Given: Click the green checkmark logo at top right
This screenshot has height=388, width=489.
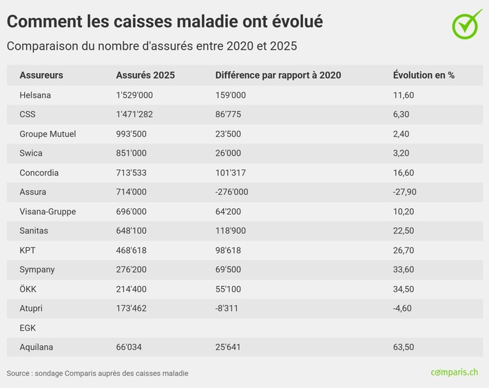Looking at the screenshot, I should (x=468, y=23).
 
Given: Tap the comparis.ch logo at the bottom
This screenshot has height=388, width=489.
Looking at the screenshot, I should (x=454, y=372).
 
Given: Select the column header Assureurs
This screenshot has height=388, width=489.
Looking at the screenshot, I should (x=41, y=75).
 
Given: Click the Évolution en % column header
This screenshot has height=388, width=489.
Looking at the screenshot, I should (x=424, y=75).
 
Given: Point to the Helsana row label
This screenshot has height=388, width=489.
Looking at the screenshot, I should (x=35, y=95).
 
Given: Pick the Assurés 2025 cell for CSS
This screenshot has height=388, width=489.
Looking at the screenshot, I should (x=135, y=114).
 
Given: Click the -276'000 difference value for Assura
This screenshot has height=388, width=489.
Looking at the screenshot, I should (x=231, y=192).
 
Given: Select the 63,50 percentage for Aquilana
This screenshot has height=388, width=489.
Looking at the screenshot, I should (x=403, y=347).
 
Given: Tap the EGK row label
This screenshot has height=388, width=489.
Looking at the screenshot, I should (x=28, y=328).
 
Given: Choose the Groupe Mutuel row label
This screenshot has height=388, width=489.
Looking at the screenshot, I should (x=48, y=134).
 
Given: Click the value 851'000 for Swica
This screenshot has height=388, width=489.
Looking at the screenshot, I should (x=131, y=153).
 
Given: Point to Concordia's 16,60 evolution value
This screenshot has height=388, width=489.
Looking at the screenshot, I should (x=403, y=172).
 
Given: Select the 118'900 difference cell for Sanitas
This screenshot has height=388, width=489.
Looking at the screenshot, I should (x=230, y=231).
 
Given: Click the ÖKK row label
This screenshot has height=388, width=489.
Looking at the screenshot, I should (x=28, y=289).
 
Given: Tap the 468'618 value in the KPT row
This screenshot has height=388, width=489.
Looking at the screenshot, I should (x=131, y=250).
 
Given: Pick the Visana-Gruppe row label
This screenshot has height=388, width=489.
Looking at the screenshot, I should (x=48, y=212).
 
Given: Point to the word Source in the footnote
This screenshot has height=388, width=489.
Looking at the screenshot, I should (x=19, y=374).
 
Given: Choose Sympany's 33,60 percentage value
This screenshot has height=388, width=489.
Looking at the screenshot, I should (x=403, y=269).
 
